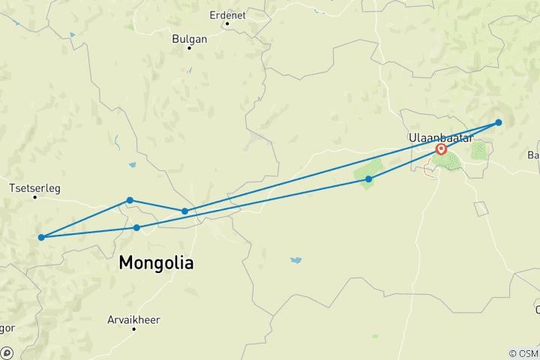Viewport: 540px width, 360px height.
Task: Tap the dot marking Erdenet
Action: point(227,23)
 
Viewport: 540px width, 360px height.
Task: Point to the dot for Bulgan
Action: point(190,49)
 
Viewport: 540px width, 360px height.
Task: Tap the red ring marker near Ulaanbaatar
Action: point(441,149)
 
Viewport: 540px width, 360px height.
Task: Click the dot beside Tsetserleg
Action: point(35,197)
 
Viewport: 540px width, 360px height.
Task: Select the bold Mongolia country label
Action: point(156,263)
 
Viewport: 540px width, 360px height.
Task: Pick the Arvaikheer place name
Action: point(133,319)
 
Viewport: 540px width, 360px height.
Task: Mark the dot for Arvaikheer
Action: point(133,329)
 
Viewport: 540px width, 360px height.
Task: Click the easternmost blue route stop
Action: point(498,122)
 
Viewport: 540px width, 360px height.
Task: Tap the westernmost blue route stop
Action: point(41,238)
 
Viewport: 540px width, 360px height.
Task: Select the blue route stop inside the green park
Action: point(368,179)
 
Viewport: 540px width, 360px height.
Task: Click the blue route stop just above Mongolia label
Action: point(136,227)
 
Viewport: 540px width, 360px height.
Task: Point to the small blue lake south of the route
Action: point(296,260)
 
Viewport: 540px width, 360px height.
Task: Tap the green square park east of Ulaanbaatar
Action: point(479,150)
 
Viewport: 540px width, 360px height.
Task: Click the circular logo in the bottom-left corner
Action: point(6,353)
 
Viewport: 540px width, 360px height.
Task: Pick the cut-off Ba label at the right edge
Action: point(533,155)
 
